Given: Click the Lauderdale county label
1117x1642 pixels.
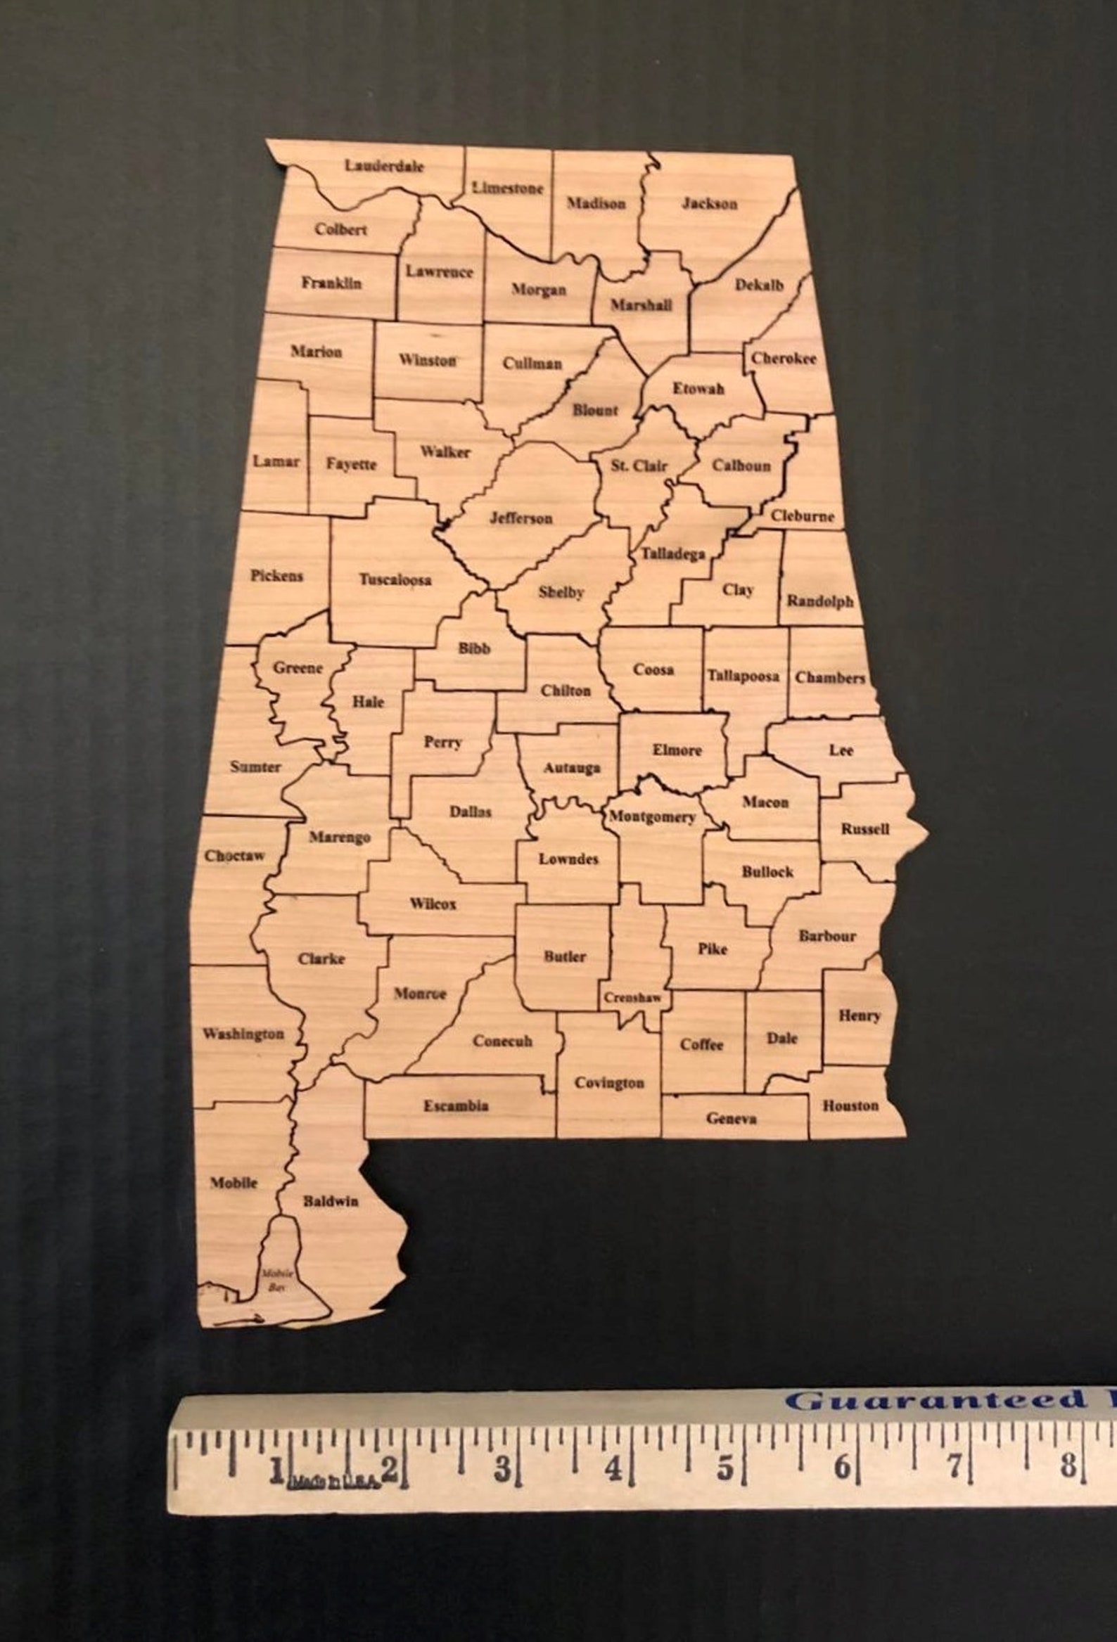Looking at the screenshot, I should [x=384, y=166].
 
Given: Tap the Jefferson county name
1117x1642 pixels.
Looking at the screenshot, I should [x=521, y=518].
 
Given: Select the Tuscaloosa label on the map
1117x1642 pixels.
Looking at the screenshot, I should [x=395, y=579].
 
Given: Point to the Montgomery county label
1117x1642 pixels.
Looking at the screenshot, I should [x=652, y=816].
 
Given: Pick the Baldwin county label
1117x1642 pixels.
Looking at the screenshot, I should [x=331, y=1200].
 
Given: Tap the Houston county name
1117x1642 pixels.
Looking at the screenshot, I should [x=850, y=1105].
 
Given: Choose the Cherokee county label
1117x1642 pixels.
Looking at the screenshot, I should [x=784, y=358].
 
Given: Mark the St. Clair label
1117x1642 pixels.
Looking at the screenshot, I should [x=639, y=466].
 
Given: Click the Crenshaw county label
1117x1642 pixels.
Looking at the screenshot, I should [x=632, y=998].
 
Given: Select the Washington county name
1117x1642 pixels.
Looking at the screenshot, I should [x=244, y=1034].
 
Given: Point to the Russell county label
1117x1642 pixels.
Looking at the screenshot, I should [x=864, y=829].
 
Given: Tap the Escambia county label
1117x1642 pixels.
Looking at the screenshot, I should [x=456, y=1105].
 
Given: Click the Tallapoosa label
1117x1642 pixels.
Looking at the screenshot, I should [x=743, y=676].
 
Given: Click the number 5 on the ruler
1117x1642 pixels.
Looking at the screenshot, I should [x=726, y=1468].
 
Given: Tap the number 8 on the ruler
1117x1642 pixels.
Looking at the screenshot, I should [x=1067, y=1465].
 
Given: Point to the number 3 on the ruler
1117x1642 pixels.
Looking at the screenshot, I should [x=501, y=1469].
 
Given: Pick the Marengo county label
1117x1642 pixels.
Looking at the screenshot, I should [x=340, y=838].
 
